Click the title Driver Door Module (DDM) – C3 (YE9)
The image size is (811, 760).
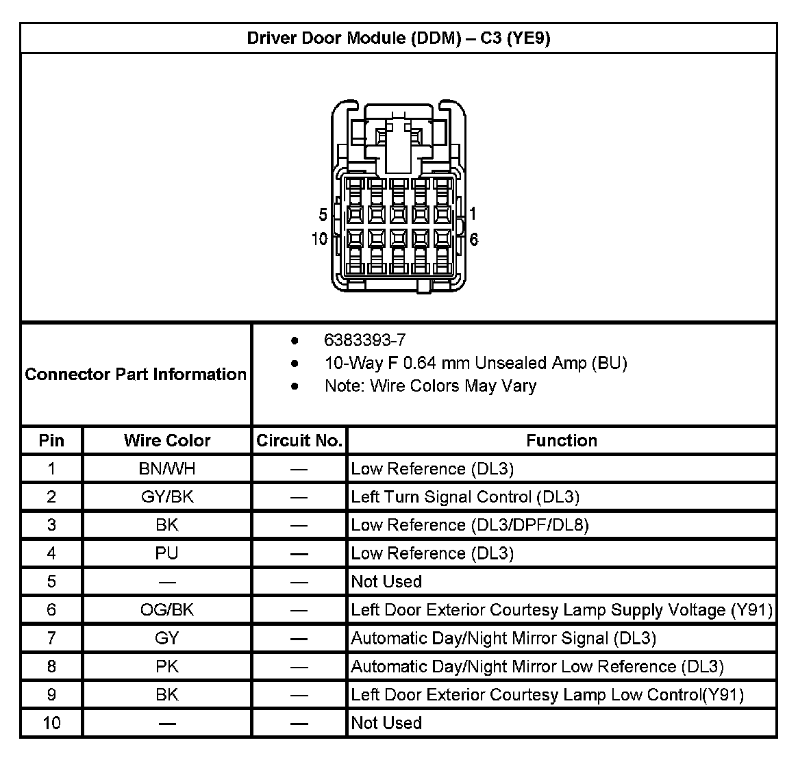coord(399,38)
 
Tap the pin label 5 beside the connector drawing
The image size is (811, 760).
coord(323,215)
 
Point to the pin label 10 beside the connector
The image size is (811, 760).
coord(319,239)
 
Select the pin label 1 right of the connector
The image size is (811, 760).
coord(473,214)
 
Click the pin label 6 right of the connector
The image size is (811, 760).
coord(473,239)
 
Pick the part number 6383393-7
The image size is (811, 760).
coord(364,340)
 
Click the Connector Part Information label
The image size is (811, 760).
coord(136,374)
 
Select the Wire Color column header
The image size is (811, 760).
coord(167,440)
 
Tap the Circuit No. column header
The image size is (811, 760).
coord(299,440)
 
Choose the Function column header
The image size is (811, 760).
coord(562,440)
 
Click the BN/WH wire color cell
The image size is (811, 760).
coord(167,469)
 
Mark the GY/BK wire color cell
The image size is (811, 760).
coord(167,497)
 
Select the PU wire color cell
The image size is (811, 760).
coord(167,553)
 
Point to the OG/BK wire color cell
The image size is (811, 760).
coord(167,609)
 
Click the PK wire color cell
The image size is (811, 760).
coord(167,666)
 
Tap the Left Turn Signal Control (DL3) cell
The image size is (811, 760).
coord(465,497)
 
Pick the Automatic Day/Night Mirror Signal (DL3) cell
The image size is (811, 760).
coord(503,638)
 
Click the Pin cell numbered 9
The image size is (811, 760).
coord(51,695)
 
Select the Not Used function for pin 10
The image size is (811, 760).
coord(386,723)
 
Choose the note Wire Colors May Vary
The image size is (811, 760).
coord(430,386)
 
